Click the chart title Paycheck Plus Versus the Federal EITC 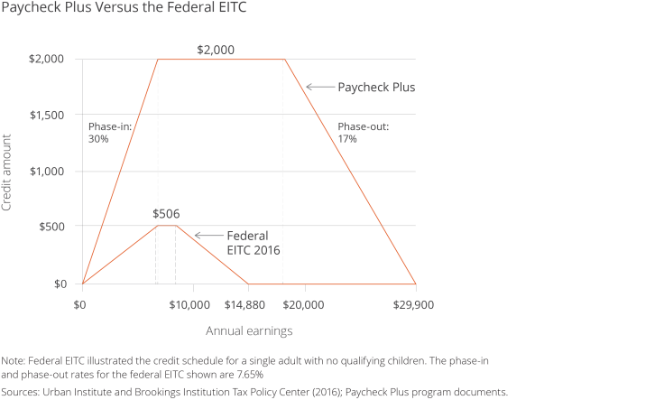[x=124, y=8]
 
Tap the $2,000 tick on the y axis [x=47, y=59]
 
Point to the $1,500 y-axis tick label [x=47, y=116]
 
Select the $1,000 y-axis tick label [x=47, y=171]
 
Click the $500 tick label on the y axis [x=51, y=226]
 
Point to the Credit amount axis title [x=8, y=172]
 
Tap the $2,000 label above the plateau [x=216, y=50]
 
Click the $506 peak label [x=166, y=214]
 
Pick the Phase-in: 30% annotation [x=109, y=134]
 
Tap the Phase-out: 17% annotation [x=363, y=134]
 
